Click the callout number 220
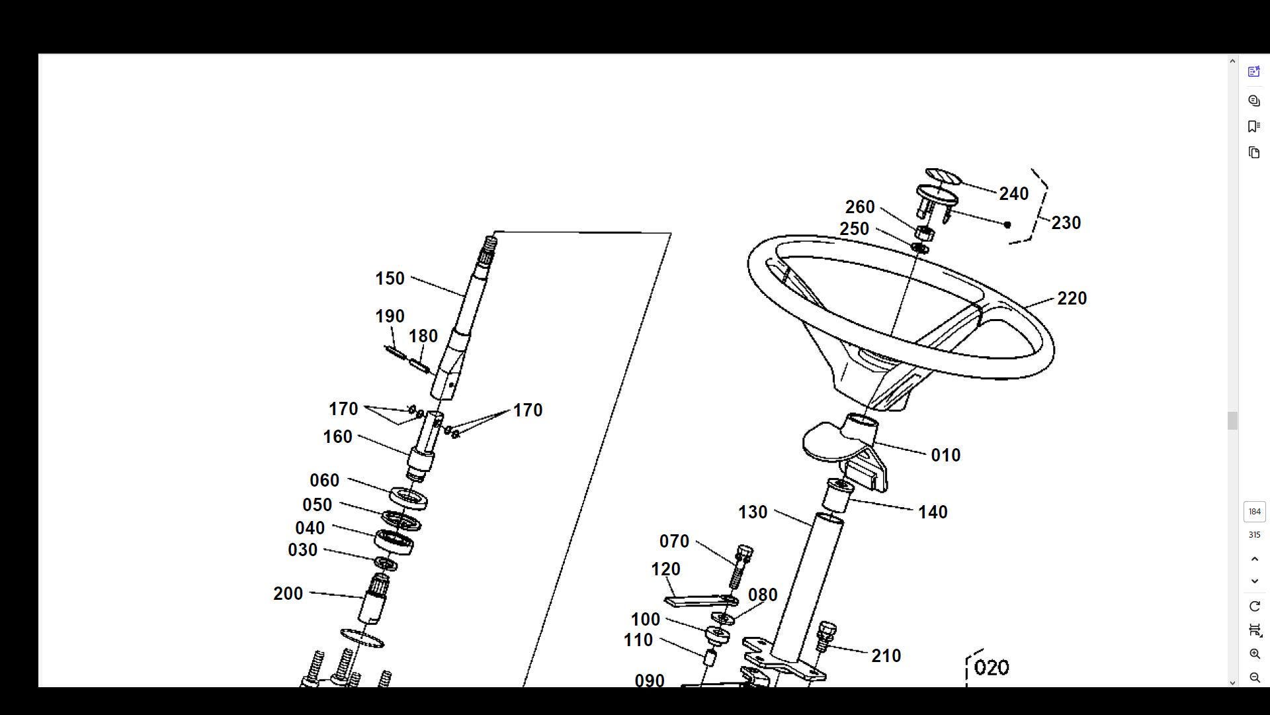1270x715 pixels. point(1072,299)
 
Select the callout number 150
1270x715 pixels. point(390,279)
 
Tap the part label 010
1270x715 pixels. point(945,455)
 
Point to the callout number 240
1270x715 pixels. point(1013,194)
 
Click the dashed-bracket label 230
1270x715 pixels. point(1066,223)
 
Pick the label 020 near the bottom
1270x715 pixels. point(992,668)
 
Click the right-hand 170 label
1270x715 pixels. point(527,410)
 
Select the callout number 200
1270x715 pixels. point(288,594)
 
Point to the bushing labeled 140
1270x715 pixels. point(837,497)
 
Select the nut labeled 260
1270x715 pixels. point(924,232)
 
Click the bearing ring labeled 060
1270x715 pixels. point(408,497)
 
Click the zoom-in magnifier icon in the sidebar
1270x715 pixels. point(1254,654)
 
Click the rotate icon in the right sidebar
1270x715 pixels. point(1254,606)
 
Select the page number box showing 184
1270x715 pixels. point(1254,512)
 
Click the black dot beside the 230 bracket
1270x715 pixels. point(1007,224)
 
